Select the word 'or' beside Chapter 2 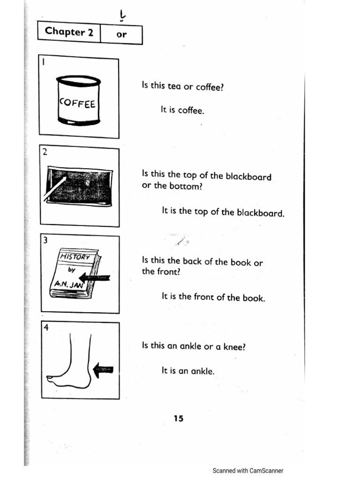[x=121, y=34]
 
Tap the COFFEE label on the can [x=78, y=103]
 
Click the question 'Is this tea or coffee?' [x=180, y=86]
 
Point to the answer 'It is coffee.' [x=183, y=111]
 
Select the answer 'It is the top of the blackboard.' [x=223, y=212]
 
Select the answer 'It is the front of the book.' [x=213, y=297]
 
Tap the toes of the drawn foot [x=53, y=379]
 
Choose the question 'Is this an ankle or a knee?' [x=194, y=346]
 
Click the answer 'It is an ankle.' [x=187, y=371]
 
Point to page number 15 [x=178, y=419]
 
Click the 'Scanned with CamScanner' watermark [x=248, y=471]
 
